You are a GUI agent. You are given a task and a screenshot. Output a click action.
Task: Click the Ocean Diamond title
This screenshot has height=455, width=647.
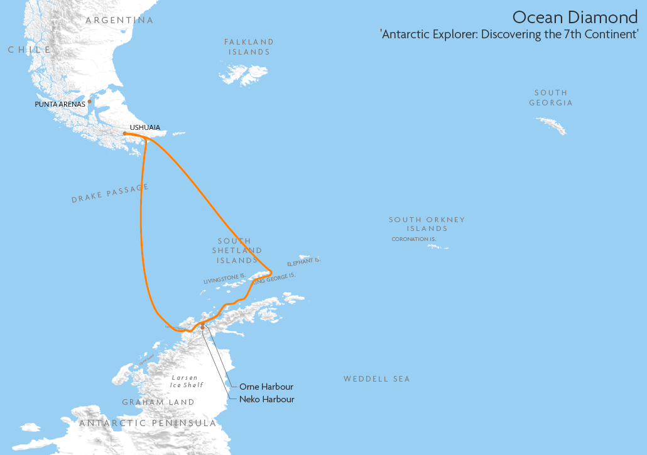575,17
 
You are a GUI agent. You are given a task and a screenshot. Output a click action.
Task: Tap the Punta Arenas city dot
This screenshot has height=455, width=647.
90,101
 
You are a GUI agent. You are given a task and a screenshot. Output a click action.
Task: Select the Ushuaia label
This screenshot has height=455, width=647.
144,127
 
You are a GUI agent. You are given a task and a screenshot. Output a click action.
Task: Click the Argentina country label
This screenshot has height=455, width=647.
119,21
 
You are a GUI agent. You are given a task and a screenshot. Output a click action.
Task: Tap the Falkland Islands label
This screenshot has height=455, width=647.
249,47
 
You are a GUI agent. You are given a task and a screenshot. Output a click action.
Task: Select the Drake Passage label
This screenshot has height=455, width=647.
111,193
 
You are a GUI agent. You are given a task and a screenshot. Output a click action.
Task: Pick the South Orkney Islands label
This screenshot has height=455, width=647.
427,224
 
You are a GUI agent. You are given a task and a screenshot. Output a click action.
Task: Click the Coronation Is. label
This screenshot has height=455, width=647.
413,239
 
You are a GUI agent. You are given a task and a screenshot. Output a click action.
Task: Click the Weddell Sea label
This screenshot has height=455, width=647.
376,379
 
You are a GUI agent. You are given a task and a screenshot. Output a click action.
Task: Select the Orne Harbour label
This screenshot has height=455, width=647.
266,387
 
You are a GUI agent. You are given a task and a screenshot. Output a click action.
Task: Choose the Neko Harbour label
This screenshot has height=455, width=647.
266,399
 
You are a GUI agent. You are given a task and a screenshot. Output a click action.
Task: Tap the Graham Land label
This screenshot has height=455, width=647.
158,402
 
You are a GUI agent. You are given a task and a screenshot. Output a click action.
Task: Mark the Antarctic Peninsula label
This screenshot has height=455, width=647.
148,424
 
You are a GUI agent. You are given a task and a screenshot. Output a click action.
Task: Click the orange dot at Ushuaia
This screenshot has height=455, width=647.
125,133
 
